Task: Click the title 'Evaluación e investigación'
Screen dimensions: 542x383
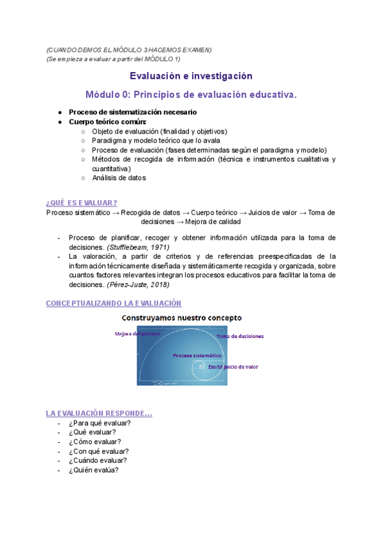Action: [191, 75]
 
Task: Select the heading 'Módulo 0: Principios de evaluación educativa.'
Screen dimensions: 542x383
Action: [191, 95]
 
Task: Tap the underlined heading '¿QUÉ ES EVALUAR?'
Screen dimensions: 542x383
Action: [82, 203]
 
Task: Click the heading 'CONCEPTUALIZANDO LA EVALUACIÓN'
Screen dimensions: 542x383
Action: [114, 303]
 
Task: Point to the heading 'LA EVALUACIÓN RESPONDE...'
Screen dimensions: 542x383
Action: [99, 413]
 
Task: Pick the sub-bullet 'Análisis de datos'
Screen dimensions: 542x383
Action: [119, 178]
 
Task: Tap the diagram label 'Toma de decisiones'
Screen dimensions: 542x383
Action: [240, 336]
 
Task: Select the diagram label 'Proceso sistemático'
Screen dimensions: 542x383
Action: [197, 355]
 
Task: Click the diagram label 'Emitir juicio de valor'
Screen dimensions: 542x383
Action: [233, 367]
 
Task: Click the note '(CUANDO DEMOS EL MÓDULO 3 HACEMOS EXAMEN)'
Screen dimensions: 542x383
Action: [129, 50]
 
